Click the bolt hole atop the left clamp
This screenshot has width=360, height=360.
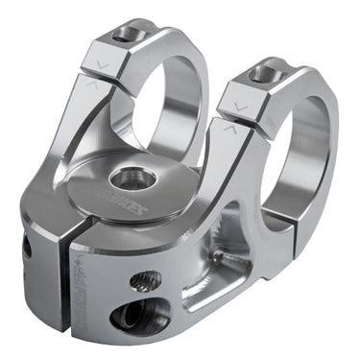tap(125, 36)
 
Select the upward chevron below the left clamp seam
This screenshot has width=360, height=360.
tap(91, 84)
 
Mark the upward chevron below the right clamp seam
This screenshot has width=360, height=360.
tap(228, 127)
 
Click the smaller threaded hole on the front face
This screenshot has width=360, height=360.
tap(144, 281)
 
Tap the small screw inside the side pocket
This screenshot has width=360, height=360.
tap(221, 257)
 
